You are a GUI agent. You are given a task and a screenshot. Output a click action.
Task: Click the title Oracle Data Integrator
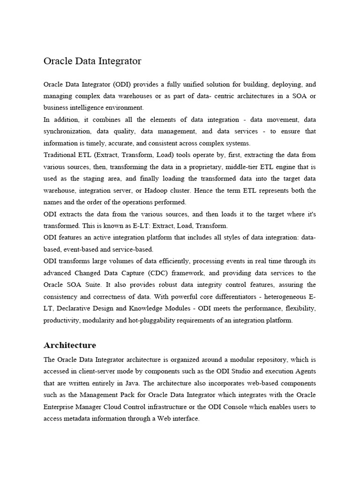pyautogui.click(x=92, y=61)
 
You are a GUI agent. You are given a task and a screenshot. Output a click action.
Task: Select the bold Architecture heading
pyautogui.click(x=69, y=345)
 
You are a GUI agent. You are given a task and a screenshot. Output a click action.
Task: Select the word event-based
pyautogui.click(x=82, y=249)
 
